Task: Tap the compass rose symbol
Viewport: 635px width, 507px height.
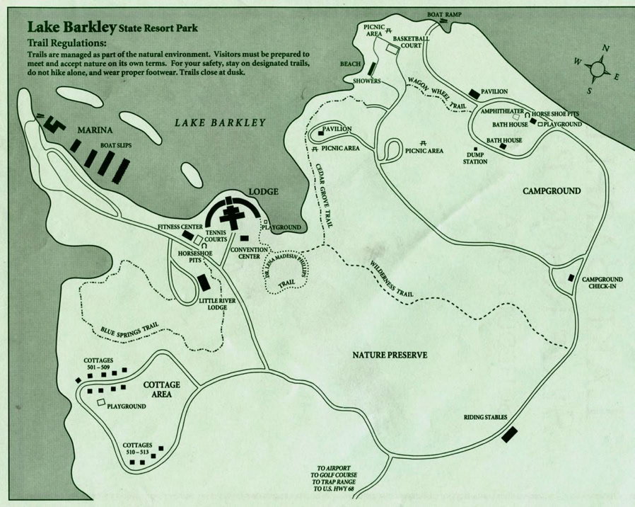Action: pos(598,69)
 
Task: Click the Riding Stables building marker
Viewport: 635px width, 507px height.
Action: pos(509,434)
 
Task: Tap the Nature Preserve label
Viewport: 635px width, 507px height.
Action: pos(390,354)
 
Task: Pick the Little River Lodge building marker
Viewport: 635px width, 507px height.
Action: pos(204,283)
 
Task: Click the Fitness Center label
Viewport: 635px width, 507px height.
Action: pos(180,227)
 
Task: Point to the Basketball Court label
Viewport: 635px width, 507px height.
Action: pos(411,42)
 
